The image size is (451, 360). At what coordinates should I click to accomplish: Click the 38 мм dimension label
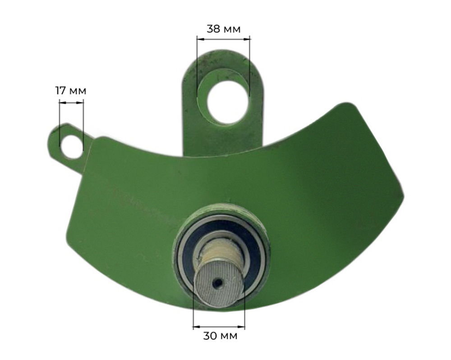point(224,29)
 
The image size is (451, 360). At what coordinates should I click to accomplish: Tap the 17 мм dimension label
point(70,91)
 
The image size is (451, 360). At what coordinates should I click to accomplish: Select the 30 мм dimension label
point(221,336)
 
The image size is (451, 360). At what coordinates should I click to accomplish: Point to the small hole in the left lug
point(72,146)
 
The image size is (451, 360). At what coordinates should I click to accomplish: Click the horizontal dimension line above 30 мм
point(219,327)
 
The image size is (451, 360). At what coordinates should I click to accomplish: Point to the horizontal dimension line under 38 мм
point(224,39)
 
